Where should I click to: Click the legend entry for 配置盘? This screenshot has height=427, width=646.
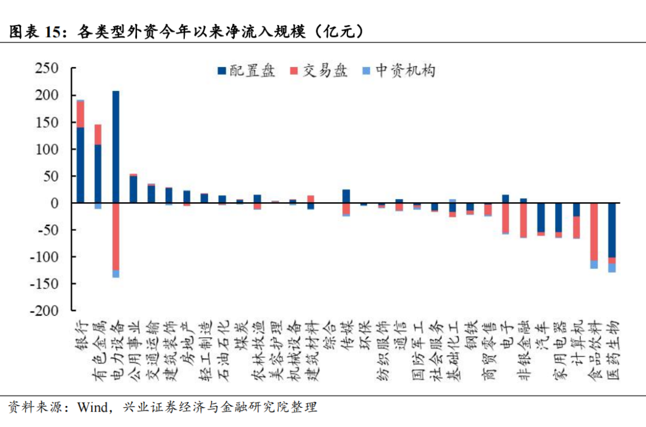pyautogui.click(x=246, y=71)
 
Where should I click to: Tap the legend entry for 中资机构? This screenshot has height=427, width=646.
pyautogui.click(x=398, y=71)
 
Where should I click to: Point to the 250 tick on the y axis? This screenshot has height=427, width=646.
pyautogui.click(x=46, y=69)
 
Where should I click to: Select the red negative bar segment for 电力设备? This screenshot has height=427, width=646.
pyautogui.click(x=115, y=236)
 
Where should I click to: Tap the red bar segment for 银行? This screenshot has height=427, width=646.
pyautogui.click(x=80, y=114)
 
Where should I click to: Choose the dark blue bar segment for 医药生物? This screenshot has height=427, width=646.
pyautogui.click(x=611, y=230)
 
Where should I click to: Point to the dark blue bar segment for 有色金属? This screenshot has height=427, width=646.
pyautogui.click(x=98, y=173)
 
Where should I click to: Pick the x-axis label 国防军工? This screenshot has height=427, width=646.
pyautogui.click(x=416, y=350)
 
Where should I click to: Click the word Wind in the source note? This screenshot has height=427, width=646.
pyautogui.click(x=92, y=408)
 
